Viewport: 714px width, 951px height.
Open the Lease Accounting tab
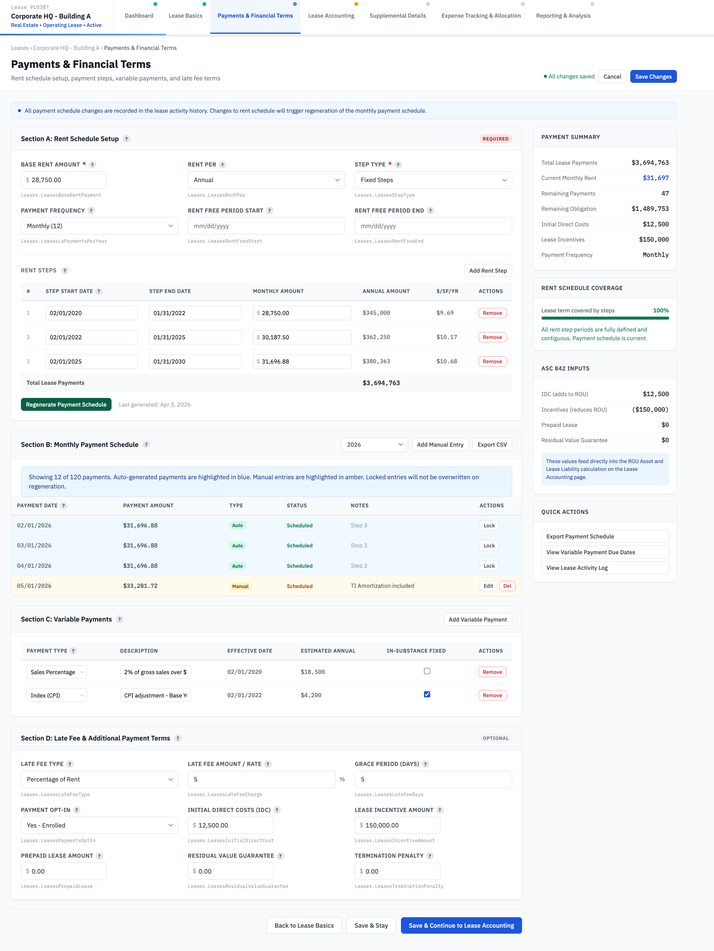coord(331,16)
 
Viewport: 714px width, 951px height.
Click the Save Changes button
coord(653,77)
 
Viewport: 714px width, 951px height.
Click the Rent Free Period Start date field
coord(266,226)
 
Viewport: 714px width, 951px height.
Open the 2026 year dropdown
coord(374,445)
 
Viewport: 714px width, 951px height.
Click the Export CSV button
coord(492,445)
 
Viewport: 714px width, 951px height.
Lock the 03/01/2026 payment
coord(489,546)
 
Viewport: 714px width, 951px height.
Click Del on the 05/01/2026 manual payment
coord(507,586)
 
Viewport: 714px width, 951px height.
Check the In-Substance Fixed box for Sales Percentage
coord(427,671)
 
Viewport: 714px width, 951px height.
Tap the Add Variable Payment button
coord(477,619)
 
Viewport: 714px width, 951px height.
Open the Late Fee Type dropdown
coord(99,779)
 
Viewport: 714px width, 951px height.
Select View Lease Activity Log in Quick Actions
coord(604,568)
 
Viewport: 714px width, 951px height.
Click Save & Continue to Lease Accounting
coord(461,926)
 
